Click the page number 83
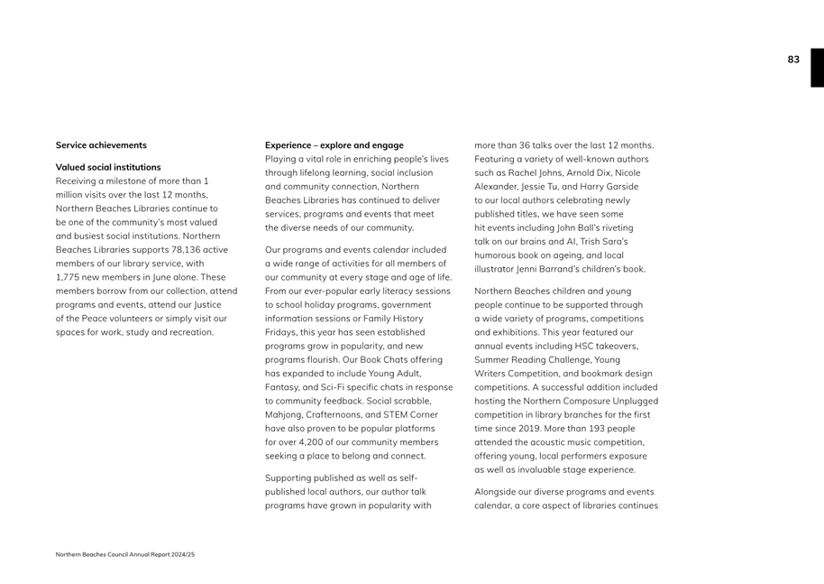(792, 60)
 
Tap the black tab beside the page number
(816, 68)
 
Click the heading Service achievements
(101, 145)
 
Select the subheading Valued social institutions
(108, 167)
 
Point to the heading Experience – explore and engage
(334, 145)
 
